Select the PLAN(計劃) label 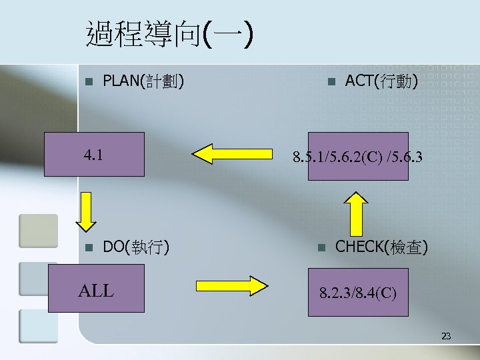coord(143,82)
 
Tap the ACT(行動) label coord(381,82)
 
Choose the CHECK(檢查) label coord(381,247)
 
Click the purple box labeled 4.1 coord(94,154)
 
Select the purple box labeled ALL coord(96,288)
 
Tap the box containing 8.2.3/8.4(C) coord(358,291)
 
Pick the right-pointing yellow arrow coord(231,285)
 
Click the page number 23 coord(446,337)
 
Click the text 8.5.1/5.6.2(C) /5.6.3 coord(357,159)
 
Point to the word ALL coord(96,291)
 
